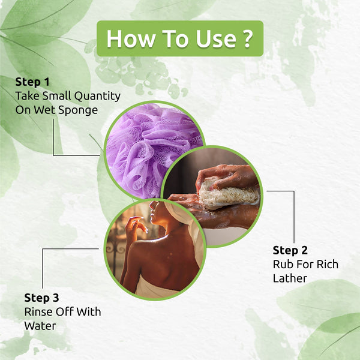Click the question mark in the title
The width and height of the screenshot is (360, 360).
tap(247, 38)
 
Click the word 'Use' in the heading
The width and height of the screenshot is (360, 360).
tap(216, 38)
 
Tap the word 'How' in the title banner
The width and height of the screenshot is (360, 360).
tap(131, 38)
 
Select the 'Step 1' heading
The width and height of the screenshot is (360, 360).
tap(32, 82)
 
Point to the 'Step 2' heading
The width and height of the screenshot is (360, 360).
tap(290, 250)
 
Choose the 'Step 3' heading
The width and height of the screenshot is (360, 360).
tap(41, 298)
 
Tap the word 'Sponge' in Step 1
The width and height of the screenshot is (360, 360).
tap(78, 110)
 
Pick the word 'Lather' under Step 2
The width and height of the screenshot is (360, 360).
tap(290, 278)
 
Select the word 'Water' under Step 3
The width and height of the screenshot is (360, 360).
tap(40, 326)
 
